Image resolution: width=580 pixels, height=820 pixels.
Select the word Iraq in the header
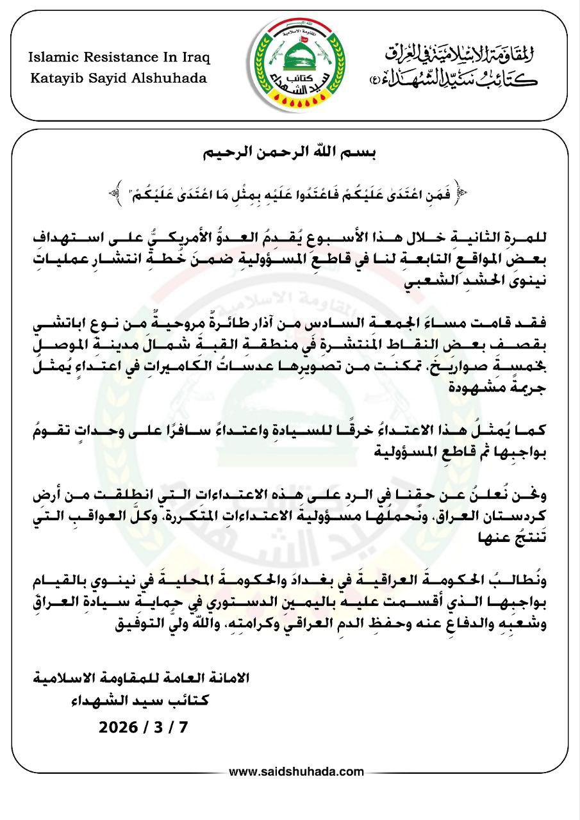[196, 57]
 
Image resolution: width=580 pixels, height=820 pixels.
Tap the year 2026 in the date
[119, 727]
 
